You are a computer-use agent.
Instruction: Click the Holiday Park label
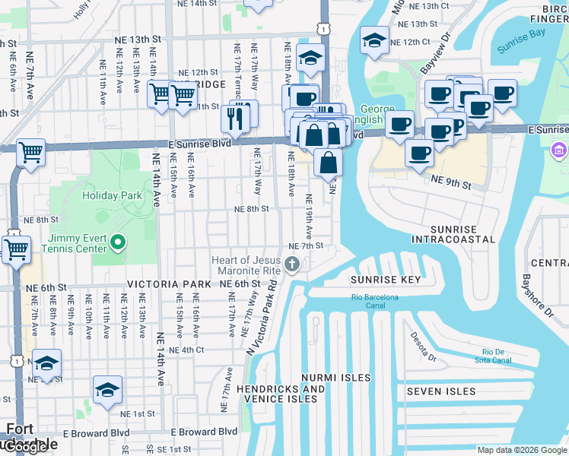pos(113,195)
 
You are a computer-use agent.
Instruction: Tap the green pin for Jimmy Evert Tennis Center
pos(118,243)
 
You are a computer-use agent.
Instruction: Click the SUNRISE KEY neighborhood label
pos(385,280)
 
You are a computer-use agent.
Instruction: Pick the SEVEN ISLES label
pos(440,392)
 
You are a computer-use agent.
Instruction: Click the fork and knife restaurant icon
pos(235,118)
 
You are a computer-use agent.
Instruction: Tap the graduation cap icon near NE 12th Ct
pos(374,41)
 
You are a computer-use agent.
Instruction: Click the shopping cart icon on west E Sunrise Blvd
pos(30,152)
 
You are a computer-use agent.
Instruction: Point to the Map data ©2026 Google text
pos(521,450)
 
